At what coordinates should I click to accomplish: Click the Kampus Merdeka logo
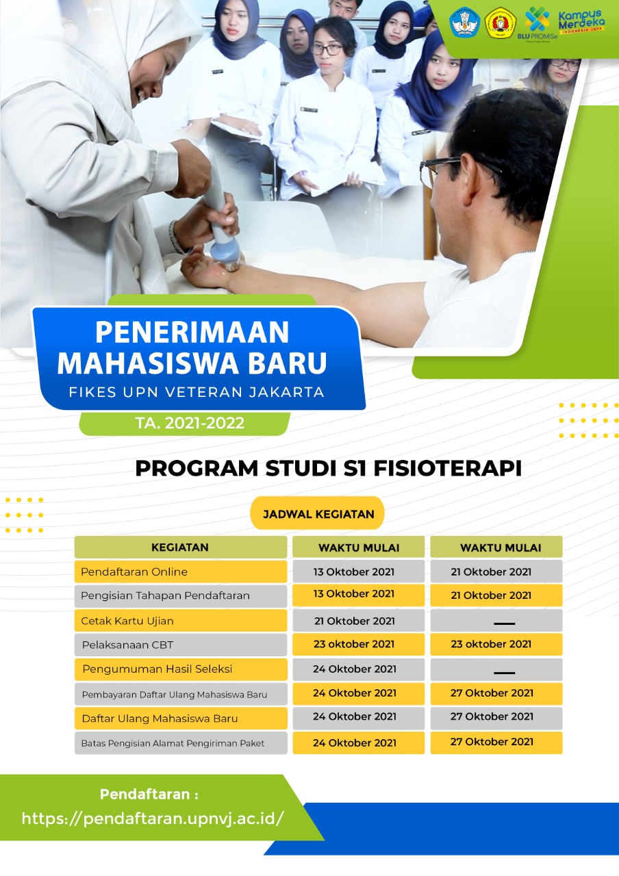581,21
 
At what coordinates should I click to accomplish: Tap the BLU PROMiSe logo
537,23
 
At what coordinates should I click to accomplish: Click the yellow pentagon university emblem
501,23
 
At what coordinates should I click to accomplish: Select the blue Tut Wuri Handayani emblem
465,23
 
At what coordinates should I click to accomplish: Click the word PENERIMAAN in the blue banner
192,332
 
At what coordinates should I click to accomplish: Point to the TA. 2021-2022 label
190,423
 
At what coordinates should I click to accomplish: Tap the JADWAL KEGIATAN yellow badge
317,513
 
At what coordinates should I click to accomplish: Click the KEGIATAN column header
180,547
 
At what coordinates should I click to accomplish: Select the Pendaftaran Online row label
134,571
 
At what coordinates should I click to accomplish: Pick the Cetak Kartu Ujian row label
127,621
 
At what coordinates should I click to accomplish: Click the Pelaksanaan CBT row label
127,645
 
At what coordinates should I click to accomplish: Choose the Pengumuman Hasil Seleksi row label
157,669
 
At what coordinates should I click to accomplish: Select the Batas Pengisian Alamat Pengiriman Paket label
173,743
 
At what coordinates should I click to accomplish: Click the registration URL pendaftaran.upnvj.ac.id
152,818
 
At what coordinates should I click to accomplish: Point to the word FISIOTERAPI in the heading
448,469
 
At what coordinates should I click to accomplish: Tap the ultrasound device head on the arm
226,257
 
